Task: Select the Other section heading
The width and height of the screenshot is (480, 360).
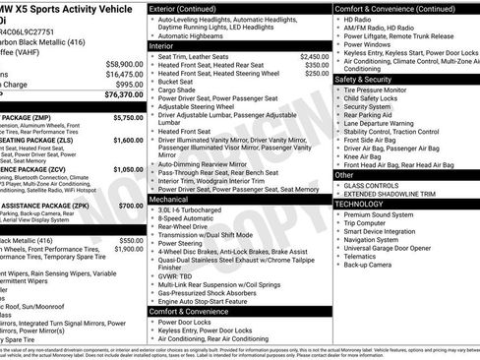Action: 345,174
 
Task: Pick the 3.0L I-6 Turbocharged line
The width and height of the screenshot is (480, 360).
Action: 192,210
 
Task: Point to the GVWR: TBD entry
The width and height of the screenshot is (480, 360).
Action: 177,275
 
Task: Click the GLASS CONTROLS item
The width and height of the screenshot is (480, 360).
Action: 372,185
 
